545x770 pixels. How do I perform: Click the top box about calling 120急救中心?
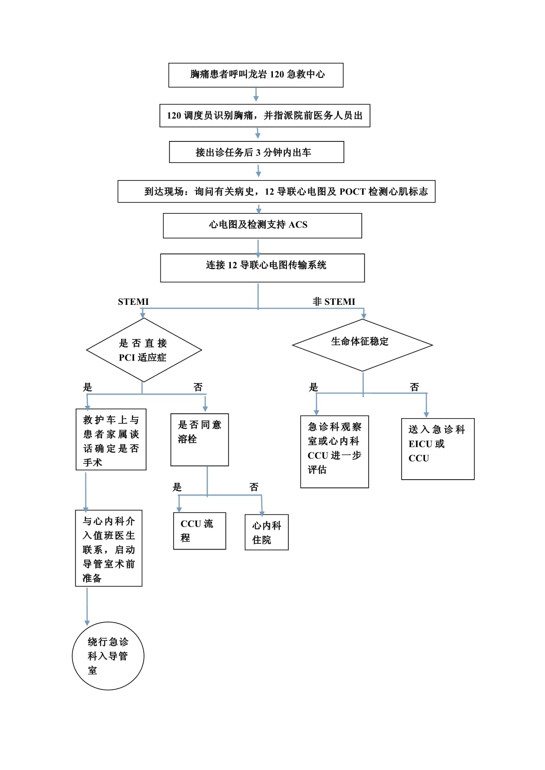point(256,75)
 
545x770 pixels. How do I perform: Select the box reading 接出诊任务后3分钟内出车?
point(256,152)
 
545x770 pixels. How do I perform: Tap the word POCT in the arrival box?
point(352,192)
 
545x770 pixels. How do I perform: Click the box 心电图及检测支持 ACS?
point(262,225)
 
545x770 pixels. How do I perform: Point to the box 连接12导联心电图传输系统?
point(262,268)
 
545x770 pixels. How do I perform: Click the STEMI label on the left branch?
point(133,302)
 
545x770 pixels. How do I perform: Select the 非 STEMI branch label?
point(334,302)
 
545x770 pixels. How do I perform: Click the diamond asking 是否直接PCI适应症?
point(144,350)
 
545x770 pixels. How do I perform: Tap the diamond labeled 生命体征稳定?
point(362,344)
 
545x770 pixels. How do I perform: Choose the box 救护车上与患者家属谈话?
point(111,440)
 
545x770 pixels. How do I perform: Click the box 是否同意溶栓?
point(200,439)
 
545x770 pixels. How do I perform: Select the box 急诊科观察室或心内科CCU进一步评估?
point(334,451)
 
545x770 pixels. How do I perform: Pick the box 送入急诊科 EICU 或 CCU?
point(437,448)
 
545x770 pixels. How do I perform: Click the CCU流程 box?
point(200,531)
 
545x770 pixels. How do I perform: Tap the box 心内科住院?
point(266,532)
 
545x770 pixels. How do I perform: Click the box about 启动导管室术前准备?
point(109,548)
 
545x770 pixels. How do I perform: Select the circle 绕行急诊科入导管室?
point(108,656)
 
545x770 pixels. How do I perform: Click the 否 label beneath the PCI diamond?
point(198,387)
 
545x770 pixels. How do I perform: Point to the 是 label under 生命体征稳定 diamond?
point(313,387)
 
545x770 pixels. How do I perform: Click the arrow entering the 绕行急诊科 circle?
point(87,606)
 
